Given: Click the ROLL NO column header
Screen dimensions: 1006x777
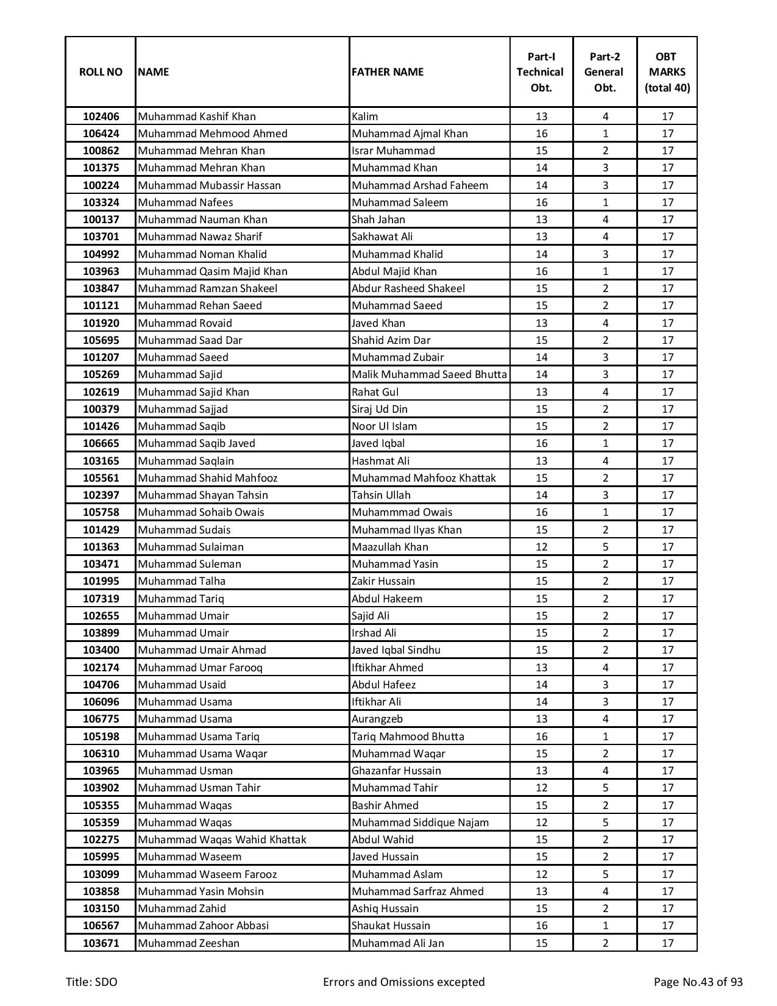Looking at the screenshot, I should click(101, 72).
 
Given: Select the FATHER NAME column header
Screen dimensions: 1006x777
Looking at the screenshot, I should click(387, 72).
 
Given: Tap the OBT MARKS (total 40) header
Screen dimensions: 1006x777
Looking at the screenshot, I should click(667, 72).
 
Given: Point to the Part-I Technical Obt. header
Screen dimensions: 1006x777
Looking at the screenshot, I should click(541, 72).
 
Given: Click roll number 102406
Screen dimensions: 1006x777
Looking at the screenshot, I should click(101, 116).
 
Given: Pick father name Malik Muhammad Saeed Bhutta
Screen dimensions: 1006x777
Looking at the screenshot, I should click(429, 374).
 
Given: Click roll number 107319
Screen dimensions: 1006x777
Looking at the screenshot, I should click(101, 599).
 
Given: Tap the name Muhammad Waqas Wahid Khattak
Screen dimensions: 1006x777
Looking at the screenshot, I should click(222, 840).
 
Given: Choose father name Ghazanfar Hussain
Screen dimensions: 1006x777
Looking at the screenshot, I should click(396, 771).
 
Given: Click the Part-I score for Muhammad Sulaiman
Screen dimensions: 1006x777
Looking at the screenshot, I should click(541, 547).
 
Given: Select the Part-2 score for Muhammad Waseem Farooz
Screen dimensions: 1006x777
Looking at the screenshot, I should click(605, 874).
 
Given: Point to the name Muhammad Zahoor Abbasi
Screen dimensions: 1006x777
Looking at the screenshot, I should click(203, 926).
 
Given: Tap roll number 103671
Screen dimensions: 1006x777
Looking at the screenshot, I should click(101, 943).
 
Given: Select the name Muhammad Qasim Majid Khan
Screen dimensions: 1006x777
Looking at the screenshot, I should click(213, 271).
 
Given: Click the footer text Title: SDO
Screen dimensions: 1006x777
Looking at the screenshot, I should click(91, 982).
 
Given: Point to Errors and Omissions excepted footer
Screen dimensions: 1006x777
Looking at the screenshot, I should click(403, 982).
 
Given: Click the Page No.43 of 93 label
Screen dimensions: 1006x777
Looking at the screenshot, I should click(698, 982).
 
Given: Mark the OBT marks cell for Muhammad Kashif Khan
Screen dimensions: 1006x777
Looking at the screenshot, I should click(667, 116).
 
